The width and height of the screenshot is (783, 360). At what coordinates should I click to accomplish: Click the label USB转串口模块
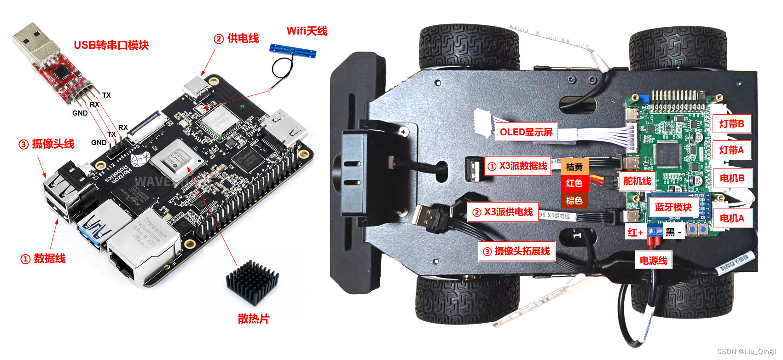[x=111, y=45]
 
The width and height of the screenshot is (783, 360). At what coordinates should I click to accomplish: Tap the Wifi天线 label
[x=307, y=31]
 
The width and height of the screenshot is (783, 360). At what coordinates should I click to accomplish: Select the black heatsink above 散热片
[x=252, y=282]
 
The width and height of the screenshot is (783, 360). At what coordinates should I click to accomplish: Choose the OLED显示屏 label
[x=526, y=132]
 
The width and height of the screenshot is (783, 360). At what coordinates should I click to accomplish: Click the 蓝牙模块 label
[x=673, y=207]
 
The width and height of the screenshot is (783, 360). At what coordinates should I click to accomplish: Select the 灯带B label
[x=731, y=123]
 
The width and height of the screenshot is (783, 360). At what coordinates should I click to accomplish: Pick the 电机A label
[x=731, y=218]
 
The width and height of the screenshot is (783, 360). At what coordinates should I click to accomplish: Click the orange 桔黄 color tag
[x=574, y=167]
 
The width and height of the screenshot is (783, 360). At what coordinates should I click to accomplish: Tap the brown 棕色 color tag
[x=574, y=201]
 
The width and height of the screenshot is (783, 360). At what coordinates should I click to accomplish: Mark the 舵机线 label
[x=637, y=181]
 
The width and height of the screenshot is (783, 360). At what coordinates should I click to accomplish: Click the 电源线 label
[x=653, y=261]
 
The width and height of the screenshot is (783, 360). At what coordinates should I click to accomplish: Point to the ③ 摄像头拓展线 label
[x=516, y=251]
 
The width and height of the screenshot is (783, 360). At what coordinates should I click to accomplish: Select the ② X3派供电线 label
[x=503, y=212]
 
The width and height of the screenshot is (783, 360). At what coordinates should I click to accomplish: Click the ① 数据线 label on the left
[x=43, y=259]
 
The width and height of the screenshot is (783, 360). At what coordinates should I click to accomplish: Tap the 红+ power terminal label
[x=636, y=232]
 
